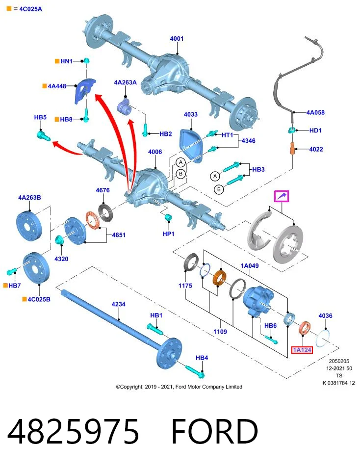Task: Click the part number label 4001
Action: pos(177,38)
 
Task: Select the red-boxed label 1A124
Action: pos(302,350)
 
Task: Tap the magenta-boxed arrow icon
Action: pos(282,196)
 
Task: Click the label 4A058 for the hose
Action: pos(315,112)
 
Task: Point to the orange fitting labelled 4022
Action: pos(292,149)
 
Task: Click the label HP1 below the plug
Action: pos(168,234)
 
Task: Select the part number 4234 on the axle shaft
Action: pos(118,304)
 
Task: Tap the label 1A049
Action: pos(250,265)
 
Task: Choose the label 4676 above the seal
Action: pos(103,190)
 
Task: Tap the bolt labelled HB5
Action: pos(43,135)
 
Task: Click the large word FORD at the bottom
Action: pos(215,432)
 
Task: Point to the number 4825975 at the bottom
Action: pos(73,432)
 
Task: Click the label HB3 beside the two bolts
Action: pos(258,169)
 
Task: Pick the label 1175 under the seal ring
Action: pos(185,286)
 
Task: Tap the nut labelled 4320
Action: pos(59,240)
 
